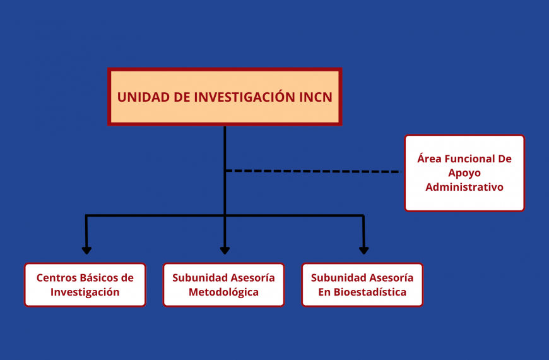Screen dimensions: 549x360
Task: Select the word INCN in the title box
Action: pos(316,97)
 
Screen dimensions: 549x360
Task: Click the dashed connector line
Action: pos(314,171)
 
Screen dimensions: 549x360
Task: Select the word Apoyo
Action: pos(464,173)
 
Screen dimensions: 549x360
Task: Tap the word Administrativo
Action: pos(464,187)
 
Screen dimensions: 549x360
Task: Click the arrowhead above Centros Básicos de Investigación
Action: pos(86,250)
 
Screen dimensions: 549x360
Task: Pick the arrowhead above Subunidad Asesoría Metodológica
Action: pos(225,250)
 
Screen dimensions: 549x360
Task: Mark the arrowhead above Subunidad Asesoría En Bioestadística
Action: pos(363,250)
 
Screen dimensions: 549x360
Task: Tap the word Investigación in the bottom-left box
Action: pos(85,292)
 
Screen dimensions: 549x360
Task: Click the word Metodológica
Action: pos(224,292)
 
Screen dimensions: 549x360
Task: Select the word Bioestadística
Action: pos(370,292)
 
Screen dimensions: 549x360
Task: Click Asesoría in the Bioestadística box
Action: pos(391,278)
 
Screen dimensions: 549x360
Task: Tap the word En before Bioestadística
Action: pos(324,292)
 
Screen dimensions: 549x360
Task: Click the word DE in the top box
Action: pos(182,97)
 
